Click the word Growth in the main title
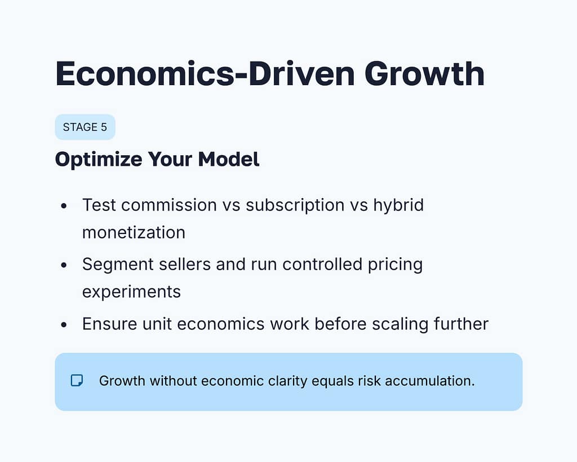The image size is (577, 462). point(424,74)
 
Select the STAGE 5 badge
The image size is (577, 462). point(85,127)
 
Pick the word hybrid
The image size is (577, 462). point(398,205)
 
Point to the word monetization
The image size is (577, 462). point(134,232)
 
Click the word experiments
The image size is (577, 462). point(131,291)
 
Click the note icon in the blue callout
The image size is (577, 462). point(77,381)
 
